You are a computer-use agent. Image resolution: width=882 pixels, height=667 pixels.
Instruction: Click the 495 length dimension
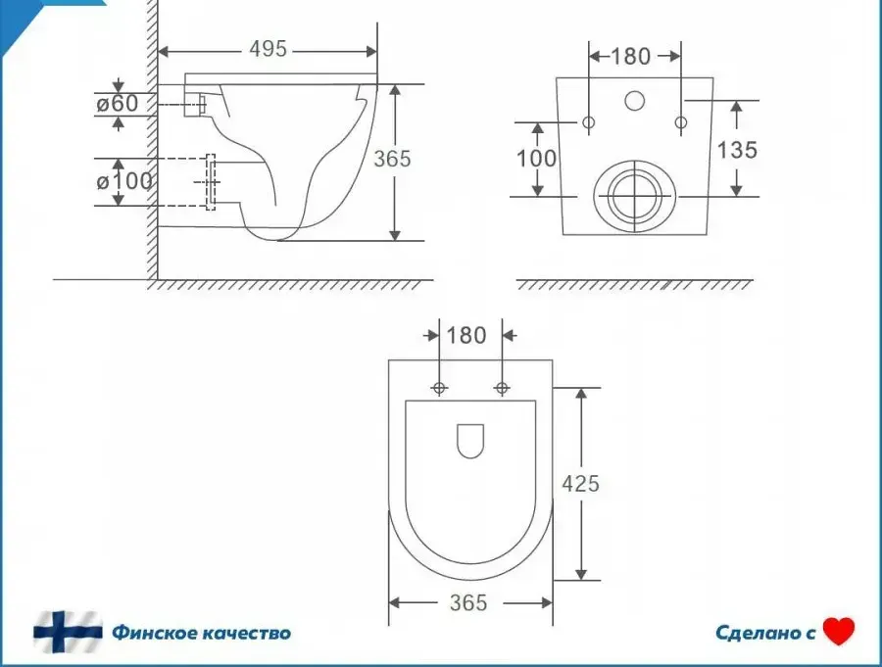[269, 49]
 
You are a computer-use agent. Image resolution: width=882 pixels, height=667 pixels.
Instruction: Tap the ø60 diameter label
[117, 104]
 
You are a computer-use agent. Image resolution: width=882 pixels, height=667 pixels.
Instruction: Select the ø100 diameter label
[124, 181]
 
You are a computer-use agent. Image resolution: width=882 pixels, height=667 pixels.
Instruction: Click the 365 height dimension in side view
[392, 159]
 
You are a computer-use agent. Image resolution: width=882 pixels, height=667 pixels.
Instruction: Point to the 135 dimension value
[737, 150]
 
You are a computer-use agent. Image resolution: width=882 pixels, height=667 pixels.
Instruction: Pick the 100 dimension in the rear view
[536, 159]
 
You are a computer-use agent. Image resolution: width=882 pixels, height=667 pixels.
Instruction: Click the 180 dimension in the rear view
[630, 56]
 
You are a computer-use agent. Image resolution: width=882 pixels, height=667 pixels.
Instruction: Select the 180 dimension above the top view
[465, 335]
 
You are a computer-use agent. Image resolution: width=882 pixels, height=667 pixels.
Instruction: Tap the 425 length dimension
[580, 483]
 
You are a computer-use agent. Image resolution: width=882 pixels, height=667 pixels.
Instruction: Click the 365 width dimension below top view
[468, 603]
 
